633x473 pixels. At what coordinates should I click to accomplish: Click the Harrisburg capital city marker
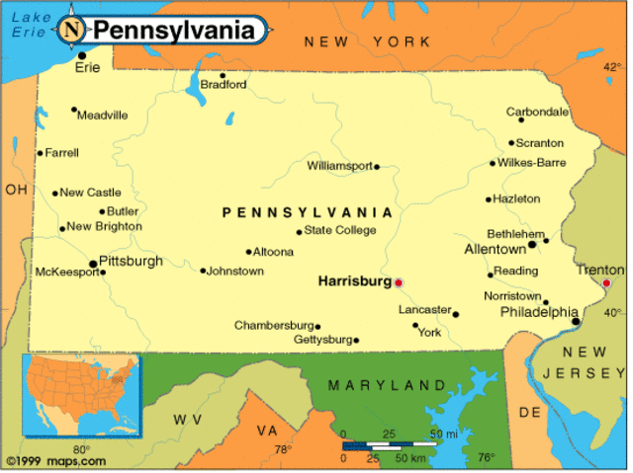(399, 282)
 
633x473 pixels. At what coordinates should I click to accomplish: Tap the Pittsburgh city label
(131, 262)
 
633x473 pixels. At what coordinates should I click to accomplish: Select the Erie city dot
(81, 55)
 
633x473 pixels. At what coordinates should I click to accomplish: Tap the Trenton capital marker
(606, 283)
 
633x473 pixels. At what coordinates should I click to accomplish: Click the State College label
(340, 231)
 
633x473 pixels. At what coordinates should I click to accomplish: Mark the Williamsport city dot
(377, 167)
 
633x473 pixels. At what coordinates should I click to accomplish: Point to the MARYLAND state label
(387, 385)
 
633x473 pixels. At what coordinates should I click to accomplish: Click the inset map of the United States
(83, 395)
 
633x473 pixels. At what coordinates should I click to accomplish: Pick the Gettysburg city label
(323, 340)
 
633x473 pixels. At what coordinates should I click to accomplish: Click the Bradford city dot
(223, 75)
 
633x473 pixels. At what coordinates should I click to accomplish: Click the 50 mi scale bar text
(443, 434)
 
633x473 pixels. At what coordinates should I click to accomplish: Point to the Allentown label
(496, 250)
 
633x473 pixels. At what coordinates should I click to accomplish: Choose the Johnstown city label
(235, 271)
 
